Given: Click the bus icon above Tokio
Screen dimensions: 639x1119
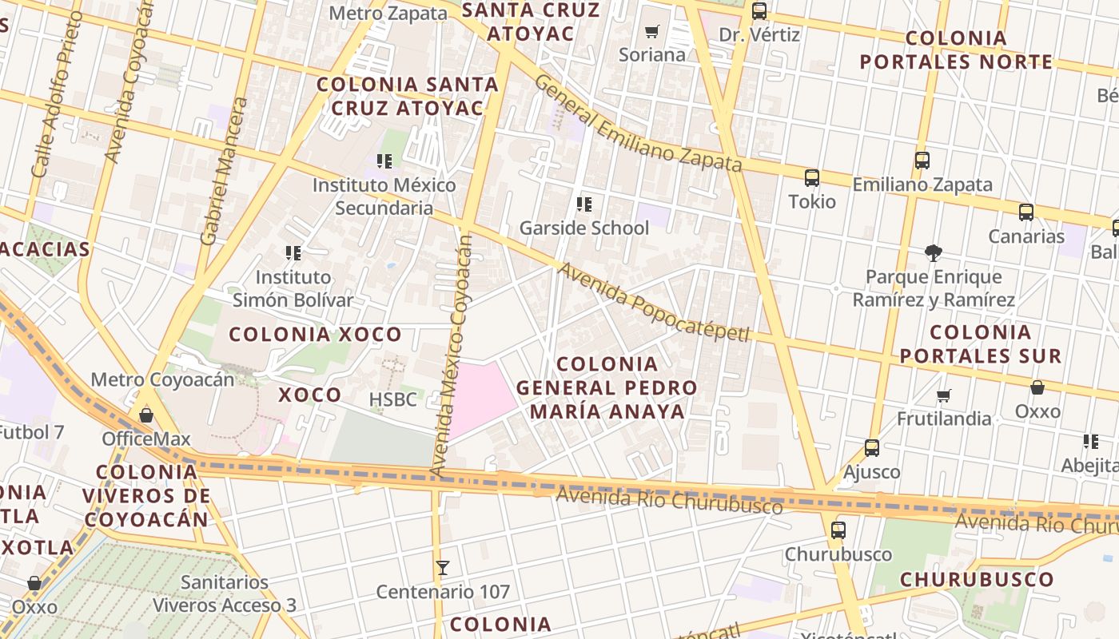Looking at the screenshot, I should pos(812,178).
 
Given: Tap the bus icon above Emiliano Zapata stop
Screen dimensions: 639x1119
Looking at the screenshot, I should pos(922,161).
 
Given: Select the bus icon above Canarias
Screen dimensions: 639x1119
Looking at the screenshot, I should pos(1026,212).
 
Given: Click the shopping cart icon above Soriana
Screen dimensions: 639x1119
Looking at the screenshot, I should pos(652,32).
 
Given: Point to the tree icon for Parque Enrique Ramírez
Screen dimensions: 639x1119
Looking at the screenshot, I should pos(933,253).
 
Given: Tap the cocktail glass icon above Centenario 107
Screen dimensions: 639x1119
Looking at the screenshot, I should pos(442,568).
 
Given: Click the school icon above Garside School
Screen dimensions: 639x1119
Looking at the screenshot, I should pos(584,204).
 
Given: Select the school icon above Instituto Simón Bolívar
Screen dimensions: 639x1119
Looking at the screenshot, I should pos(293,253).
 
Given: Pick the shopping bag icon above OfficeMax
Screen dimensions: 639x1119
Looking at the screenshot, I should pos(146,415).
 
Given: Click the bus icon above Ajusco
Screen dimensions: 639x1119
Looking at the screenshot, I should pos(872,448).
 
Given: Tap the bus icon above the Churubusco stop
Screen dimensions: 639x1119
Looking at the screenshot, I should pos(838,530).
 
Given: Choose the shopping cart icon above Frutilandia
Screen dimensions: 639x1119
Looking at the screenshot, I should pos(944,395).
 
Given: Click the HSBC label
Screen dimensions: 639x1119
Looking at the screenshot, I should pos(393,399).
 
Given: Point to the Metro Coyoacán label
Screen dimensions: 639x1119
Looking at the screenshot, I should pos(163,379).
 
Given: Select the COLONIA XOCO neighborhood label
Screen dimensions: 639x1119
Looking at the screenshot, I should pos(316,335).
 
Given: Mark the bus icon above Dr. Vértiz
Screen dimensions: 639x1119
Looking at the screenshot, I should pos(759,12).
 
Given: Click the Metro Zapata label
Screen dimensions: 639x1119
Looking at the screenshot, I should pos(388,14).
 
